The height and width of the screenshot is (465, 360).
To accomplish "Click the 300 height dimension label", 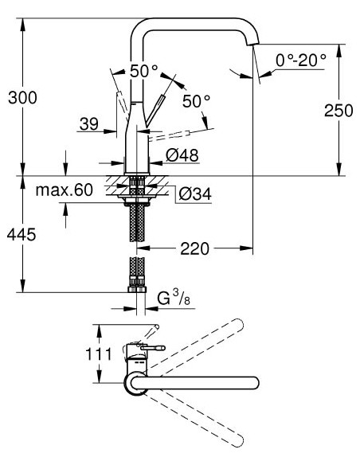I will (22, 98).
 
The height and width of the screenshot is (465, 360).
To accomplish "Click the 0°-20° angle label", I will (302, 61).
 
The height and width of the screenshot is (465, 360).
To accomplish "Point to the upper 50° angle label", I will (144, 70).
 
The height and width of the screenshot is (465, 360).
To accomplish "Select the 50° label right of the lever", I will (196, 101).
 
